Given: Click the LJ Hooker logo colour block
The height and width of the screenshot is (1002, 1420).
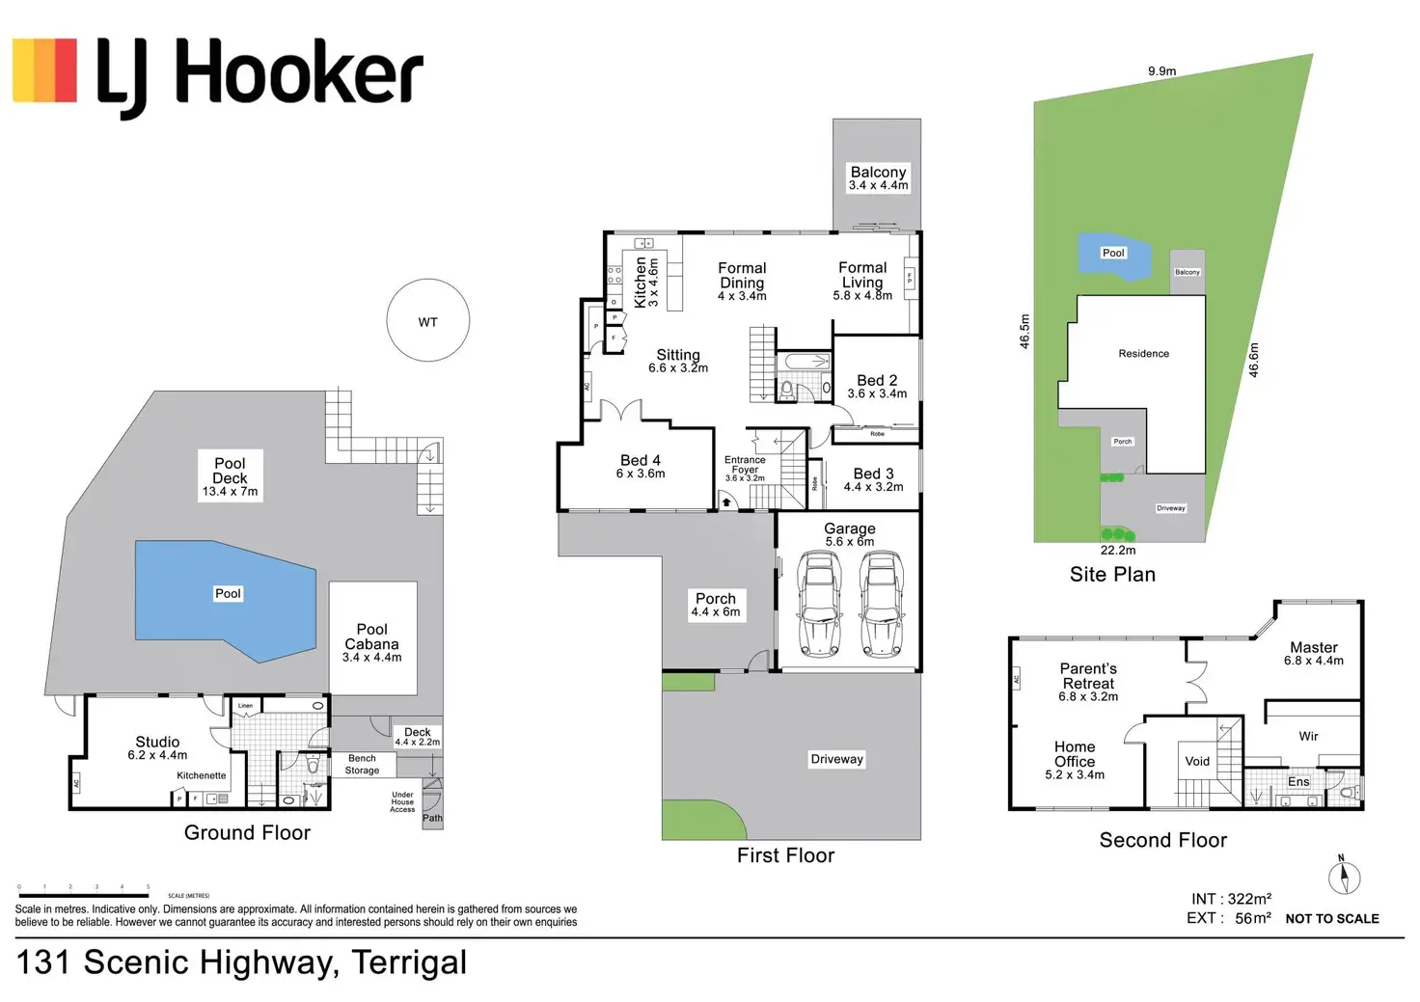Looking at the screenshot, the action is pos(44,69).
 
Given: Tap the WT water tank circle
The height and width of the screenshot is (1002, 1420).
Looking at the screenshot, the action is pos(427,321).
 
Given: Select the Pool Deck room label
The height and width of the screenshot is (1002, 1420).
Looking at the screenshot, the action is pos(230,476).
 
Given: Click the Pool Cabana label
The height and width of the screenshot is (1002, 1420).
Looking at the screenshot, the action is pos(371,642).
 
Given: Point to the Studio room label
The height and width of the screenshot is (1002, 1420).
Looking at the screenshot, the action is pos(157,747).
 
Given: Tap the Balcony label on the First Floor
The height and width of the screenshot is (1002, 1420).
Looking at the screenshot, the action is pos(878,177).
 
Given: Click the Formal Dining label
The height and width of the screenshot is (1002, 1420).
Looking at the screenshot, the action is pos(742,281).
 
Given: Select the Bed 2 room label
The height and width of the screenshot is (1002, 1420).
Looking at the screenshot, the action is pos(877,386).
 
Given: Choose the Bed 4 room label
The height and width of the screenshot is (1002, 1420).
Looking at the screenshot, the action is pos(641,466).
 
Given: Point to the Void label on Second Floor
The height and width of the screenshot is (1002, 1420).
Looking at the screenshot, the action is pos(1197,761).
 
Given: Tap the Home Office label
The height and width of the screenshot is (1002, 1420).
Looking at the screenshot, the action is pos(1075,759).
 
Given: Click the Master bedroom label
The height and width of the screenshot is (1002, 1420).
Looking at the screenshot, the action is pos(1313,653).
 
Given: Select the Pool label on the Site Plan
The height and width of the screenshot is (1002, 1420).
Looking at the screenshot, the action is pos(1113,253).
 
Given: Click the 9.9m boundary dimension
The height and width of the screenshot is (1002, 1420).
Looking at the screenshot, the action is pos(1161,71).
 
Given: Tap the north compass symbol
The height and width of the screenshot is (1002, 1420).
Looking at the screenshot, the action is pos(1344,877).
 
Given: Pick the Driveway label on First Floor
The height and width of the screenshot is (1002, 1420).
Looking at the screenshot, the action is pos(836,759).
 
